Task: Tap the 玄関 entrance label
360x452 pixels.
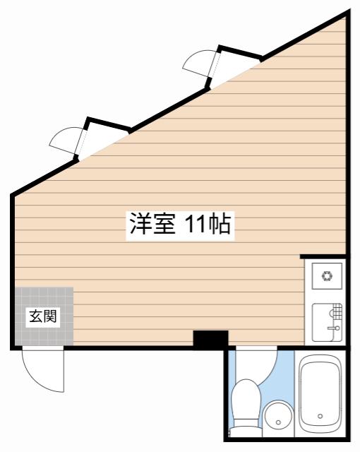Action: (43, 317)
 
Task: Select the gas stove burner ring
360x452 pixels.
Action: (327, 275)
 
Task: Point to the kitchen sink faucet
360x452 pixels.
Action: (333, 328)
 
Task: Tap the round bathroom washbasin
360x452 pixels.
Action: (278, 415)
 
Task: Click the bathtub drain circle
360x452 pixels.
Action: (320, 416)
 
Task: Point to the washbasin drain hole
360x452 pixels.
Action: (278, 422)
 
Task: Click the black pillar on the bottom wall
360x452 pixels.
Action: (210, 339)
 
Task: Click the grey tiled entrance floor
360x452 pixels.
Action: (44, 316)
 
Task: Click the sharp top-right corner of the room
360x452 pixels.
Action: (347, 12)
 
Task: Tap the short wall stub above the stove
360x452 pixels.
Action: (323, 256)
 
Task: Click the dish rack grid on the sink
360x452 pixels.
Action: (337, 311)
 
